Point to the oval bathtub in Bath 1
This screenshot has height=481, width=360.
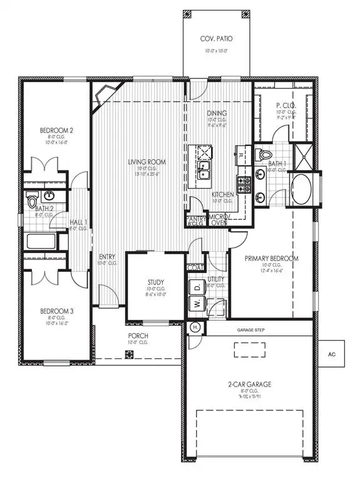302,189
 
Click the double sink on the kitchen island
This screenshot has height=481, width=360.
204,168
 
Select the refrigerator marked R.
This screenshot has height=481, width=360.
240,153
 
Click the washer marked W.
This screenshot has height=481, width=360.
195,303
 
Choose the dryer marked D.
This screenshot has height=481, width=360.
195,287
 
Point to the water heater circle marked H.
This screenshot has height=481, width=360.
195,327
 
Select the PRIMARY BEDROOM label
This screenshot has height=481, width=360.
271,258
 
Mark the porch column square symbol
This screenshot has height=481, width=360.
130,354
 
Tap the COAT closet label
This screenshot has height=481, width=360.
195,267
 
